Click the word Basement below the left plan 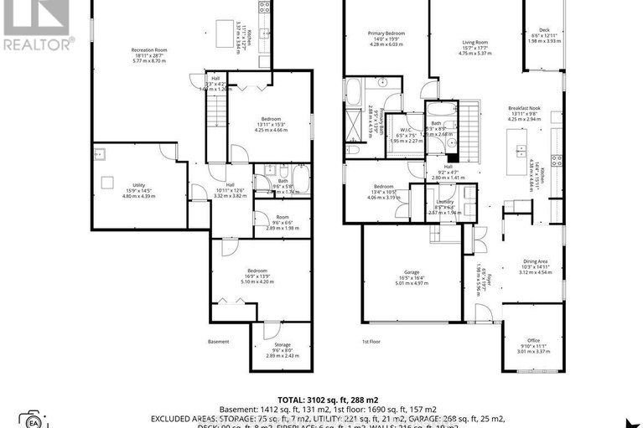click(x=218, y=341)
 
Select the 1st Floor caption click(x=371, y=342)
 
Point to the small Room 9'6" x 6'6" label click(x=282, y=221)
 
